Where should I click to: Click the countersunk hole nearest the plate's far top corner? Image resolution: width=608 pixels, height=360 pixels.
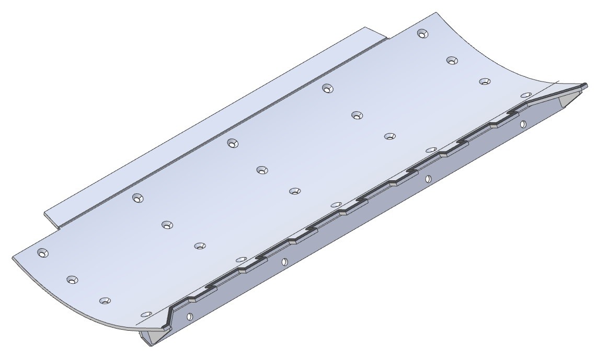click(x=422, y=33)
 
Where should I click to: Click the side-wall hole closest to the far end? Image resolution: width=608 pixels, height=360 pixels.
click(x=523, y=124)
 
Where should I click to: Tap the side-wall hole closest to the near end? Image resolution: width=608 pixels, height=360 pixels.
click(x=189, y=317)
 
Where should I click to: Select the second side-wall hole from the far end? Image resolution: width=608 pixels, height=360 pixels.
click(x=428, y=179)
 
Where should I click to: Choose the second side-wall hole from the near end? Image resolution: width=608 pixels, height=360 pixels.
click(x=284, y=262)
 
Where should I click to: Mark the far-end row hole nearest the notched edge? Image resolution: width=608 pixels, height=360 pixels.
click(x=526, y=96)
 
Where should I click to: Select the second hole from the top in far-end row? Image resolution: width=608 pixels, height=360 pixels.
click(x=452, y=60)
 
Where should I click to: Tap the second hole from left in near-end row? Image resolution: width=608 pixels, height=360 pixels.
click(x=73, y=280)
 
